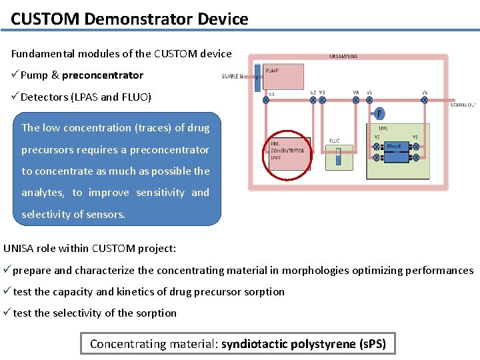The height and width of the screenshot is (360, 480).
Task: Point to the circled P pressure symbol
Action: coord(379,114)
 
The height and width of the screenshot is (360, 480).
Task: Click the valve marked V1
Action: coord(266,100)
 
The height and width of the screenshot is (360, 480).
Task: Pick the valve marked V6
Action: coord(424,100)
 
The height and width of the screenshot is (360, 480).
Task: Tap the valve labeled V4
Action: coord(356,100)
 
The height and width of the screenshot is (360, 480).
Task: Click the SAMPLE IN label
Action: coord(233,77)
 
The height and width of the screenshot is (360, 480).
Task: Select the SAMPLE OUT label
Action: coord(463,105)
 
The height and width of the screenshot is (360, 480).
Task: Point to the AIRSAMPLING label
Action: coord(343,57)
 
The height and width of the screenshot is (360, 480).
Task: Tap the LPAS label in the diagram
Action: coord(383,129)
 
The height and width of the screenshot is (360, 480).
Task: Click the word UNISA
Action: coord(19,249)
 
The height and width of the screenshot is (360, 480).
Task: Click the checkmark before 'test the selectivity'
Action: coord(7,313)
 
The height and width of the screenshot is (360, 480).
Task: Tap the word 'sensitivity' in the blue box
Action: coord(161,193)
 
